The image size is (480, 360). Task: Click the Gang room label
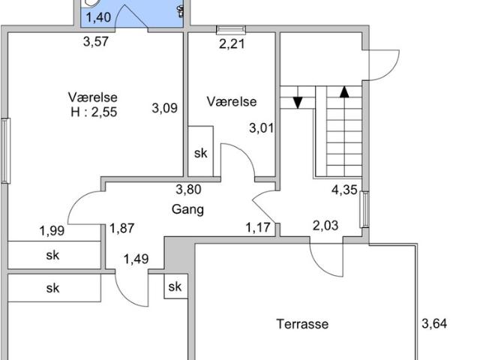point(187,210)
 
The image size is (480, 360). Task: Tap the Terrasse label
point(302,324)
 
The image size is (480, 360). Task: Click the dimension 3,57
point(96,42)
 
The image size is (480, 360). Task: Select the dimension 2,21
point(232,43)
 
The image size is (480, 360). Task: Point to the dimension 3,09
point(165,108)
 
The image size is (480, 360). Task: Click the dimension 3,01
point(262,127)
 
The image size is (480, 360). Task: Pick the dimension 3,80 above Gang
point(188,190)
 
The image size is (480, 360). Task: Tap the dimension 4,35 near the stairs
point(344,190)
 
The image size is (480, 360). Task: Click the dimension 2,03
point(325,226)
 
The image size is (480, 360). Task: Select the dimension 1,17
point(258,227)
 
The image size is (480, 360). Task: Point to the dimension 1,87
point(121,228)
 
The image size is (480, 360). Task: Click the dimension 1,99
point(52,230)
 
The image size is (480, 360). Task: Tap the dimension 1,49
point(136,259)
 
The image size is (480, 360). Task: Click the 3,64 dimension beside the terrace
point(434,323)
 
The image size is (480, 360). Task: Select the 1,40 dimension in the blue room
point(98,17)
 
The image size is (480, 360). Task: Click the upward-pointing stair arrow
point(345,91)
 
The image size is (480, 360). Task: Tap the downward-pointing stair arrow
point(298,103)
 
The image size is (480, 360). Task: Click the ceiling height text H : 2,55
point(94,112)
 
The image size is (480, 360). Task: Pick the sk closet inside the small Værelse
point(201,151)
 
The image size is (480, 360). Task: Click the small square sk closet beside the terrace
point(175,286)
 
